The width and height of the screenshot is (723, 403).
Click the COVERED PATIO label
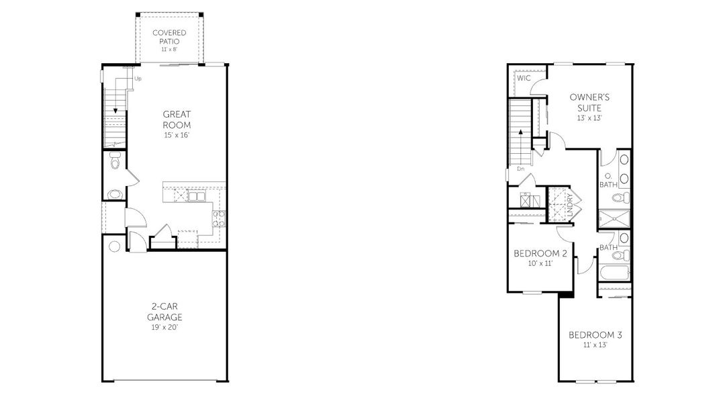[x=169, y=37]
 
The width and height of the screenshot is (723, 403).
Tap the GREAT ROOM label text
[x=177, y=120]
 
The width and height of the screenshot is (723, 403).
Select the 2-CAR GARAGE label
[x=165, y=311]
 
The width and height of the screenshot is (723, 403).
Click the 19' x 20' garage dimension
[x=165, y=328]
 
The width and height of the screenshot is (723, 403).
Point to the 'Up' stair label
[x=138, y=79]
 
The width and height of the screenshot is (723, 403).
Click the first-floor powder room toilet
[x=115, y=163]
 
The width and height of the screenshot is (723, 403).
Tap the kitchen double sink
[x=197, y=196]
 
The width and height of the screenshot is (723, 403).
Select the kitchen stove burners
[x=219, y=217]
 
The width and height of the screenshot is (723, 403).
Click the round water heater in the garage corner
[x=114, y=247]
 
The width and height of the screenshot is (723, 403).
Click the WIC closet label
[x=524, y=79]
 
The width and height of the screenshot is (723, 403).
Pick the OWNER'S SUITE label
[x=589, y=102]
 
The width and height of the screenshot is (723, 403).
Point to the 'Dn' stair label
[x=520, y=169]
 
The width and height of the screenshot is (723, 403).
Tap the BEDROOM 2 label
[x=540, y=254]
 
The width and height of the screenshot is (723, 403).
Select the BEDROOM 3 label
[x=595, y=335]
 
